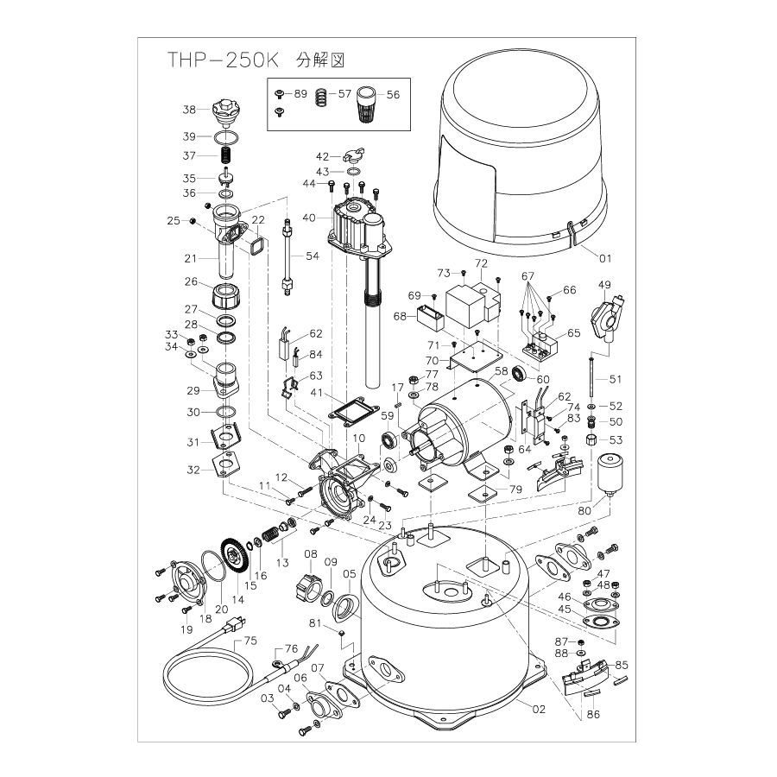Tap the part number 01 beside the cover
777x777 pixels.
click(604, 256)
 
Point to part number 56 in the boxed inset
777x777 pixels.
click(393, 94)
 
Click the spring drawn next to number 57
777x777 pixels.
click(321, 98)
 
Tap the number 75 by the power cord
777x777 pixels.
click(250, 641)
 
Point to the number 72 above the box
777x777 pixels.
click(481, 262)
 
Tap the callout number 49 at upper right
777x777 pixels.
click(604, 286)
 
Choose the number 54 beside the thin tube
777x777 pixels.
click(312, 256)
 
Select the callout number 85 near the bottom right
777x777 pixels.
click(622, 665)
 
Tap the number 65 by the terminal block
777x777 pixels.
click(573, 332)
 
